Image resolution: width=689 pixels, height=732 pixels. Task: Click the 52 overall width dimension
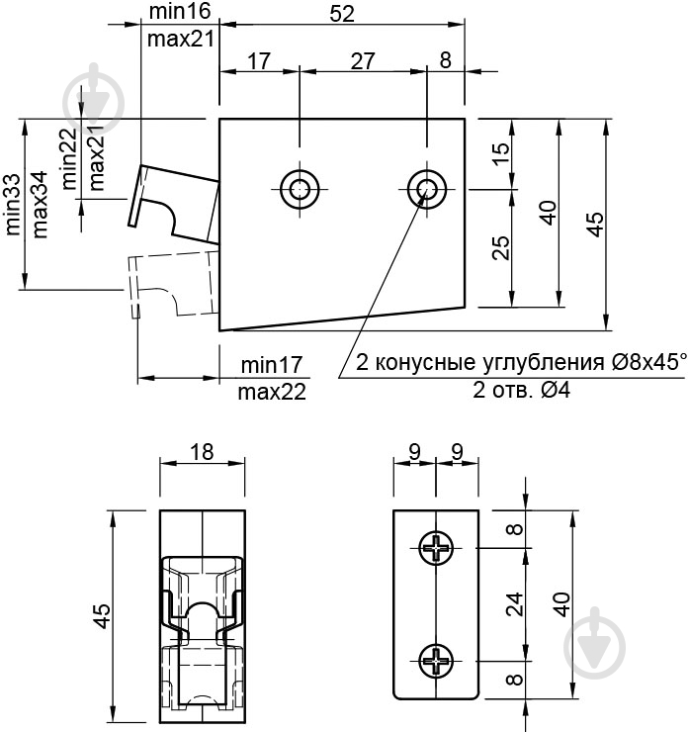coord(341,13)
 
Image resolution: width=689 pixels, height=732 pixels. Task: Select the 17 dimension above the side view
coord(258,60)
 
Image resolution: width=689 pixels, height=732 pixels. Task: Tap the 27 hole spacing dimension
coord(363,60)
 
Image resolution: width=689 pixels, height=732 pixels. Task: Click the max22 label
coord(272,392)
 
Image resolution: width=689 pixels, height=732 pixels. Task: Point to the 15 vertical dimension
coord(500,153)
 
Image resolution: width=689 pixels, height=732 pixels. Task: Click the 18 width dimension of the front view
coord(203,452)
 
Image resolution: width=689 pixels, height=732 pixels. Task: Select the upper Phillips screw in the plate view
coord(435,547)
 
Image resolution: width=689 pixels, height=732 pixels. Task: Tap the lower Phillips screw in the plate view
coord(435,659)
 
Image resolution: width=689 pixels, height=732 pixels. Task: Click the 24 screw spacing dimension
coord(514,602)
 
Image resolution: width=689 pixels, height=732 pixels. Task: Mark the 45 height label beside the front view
coord(102,617)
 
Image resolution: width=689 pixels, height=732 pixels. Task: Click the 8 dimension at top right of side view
coord(445,60)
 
